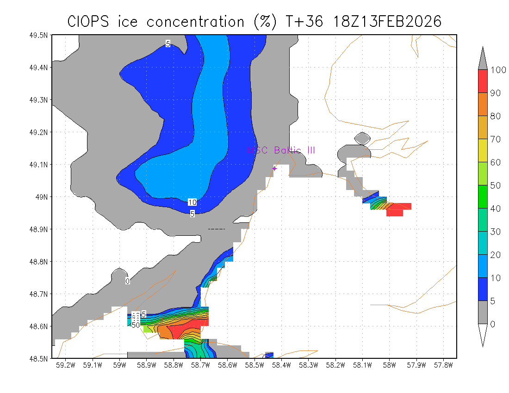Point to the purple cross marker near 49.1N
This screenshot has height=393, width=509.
point(274,168)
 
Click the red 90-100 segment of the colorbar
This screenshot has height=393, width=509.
point(482,81)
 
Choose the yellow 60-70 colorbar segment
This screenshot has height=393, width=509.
point(482,151)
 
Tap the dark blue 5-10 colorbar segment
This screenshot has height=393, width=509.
point(482,289)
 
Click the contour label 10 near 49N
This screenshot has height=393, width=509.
point(192,202)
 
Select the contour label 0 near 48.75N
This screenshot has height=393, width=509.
point(128,281)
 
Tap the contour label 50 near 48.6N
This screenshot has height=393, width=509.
point(136,325)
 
